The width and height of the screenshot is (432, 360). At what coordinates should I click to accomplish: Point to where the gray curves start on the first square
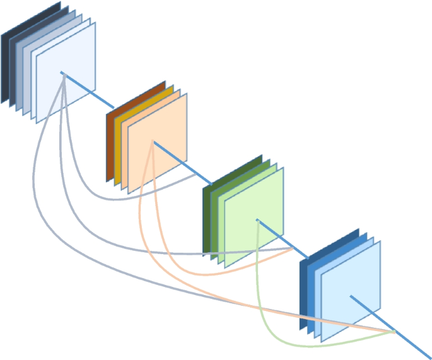pyautogui.click(x=62, y=74)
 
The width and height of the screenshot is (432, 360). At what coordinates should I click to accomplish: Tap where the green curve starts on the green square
pyautogui.click(x=257, y=221)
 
